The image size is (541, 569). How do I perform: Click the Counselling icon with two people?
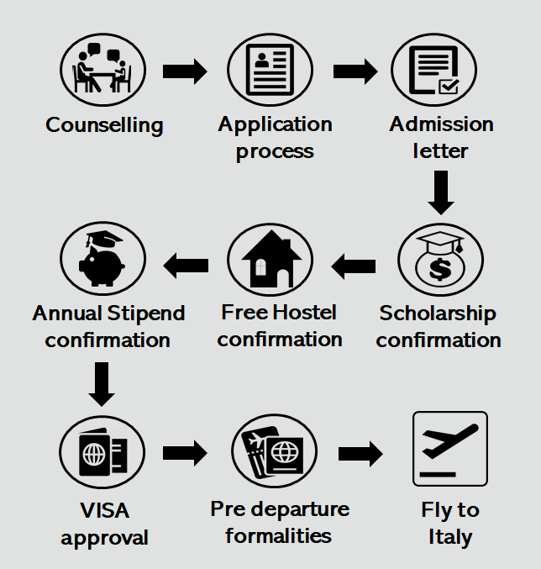(102, 69)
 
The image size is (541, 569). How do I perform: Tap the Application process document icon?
(270, 70)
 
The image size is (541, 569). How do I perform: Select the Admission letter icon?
(434, 70)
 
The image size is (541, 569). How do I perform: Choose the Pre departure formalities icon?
(271, 453)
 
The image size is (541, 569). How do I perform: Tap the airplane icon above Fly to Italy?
(450, 449)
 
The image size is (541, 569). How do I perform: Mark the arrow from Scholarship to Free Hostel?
(354, 266)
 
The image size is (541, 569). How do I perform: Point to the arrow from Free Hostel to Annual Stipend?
(186, 266)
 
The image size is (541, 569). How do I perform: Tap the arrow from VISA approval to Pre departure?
(185, 454)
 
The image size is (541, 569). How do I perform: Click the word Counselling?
(104, 125)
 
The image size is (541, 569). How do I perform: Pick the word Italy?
(450, 537)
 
